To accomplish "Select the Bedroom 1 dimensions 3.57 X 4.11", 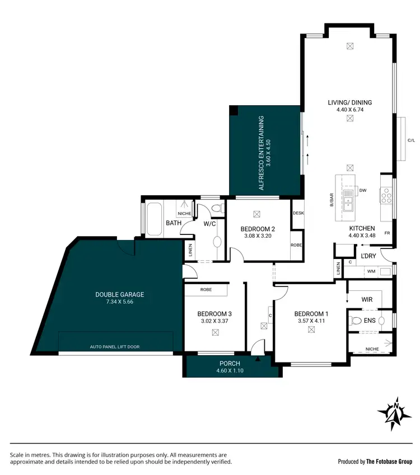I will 310,321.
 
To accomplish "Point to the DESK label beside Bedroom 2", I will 298,213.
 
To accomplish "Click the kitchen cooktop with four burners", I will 386,195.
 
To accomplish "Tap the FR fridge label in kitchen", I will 386,232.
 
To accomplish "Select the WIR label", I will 367,300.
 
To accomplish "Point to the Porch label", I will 230,363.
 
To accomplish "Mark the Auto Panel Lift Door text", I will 114,347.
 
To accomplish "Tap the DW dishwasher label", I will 362,190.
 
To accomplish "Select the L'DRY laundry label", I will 368,256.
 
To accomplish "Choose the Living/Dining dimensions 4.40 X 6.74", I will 350,110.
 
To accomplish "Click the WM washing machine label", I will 370,271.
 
